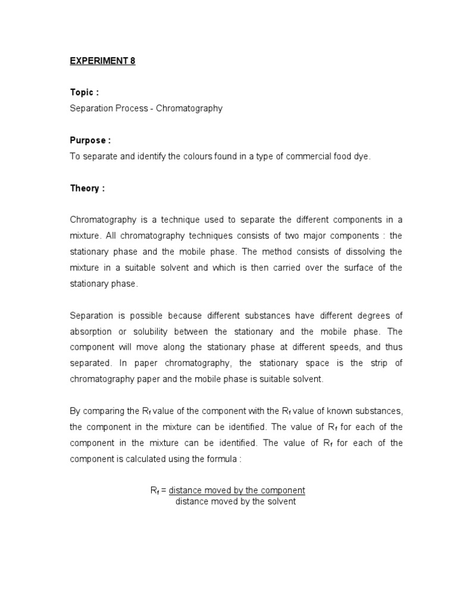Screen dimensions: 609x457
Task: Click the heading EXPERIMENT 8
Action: coord(102,61)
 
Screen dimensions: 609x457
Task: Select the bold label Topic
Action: coord(84,93)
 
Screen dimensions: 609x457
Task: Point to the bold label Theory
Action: coord(87,188)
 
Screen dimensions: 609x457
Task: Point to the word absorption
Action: coord(92,331)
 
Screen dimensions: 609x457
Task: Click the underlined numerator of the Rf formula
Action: coord(237,491)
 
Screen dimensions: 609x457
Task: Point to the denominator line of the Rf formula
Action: coord(235,501)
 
